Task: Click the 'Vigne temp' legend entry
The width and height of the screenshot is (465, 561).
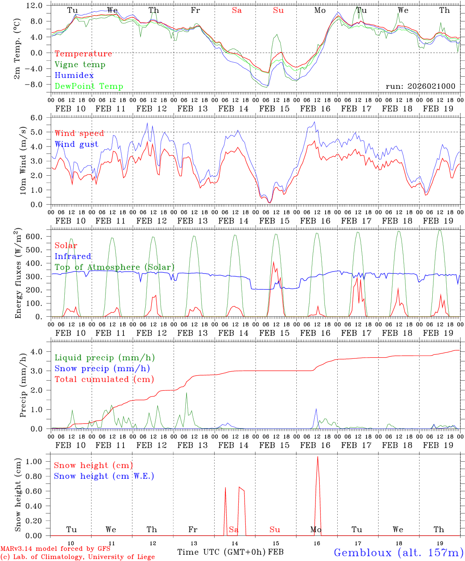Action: pos(80,65)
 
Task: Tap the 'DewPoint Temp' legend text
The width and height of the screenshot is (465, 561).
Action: pos(89,86)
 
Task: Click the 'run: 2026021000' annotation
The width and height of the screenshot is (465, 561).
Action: pos(420,86)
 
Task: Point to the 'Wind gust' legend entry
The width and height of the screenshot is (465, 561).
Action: pos(76,144)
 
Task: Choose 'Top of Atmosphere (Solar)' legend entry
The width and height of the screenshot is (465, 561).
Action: pos(114,267)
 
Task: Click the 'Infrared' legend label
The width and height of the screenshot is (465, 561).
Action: pos(73,256)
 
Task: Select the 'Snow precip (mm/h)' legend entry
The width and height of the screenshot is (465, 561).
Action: pos(102,369)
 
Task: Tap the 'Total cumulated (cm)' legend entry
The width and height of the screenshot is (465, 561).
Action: pos(104,379)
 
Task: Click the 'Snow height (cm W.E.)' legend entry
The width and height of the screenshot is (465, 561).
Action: pos(104,476)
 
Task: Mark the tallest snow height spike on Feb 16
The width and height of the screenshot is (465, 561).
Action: pos(317,457)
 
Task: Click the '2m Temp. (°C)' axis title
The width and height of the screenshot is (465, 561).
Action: pos(17,53)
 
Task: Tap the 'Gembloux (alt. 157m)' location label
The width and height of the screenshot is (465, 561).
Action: pos(398,552)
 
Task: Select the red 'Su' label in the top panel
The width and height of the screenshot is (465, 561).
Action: pos(278,11)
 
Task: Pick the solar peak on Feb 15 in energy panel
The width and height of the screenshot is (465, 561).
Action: pos(273,261)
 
